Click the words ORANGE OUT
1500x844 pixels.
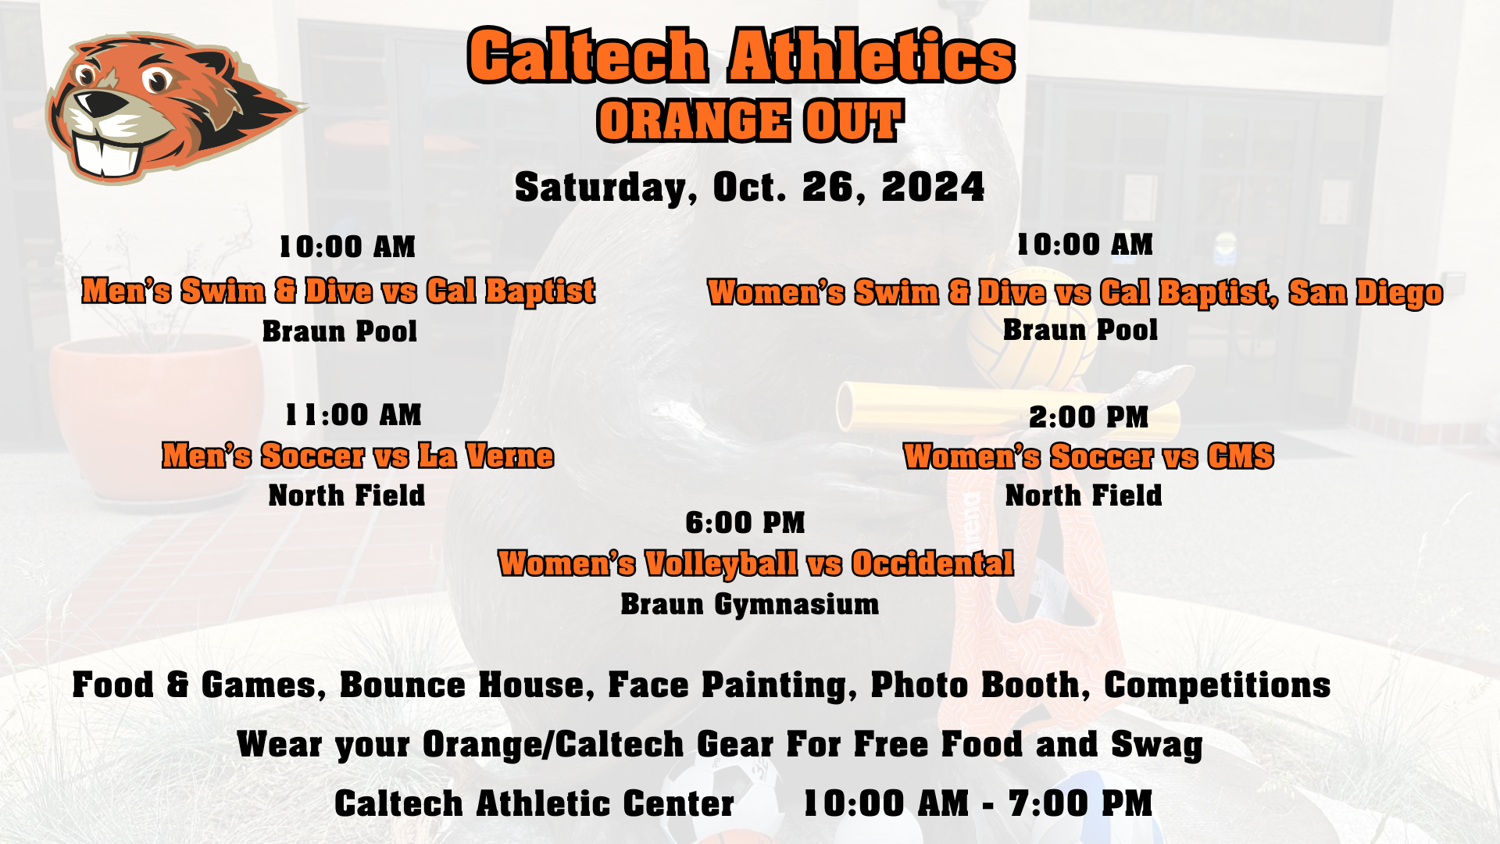pos(750,121)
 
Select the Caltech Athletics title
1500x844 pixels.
pos(741,55)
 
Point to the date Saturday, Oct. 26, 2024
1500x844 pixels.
pos(750,188)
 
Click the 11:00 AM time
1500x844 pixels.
pos(353,415)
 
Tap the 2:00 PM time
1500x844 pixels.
pos(1088,417)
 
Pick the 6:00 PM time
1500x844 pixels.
pos(745,523)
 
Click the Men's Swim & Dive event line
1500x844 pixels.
pos(338,291)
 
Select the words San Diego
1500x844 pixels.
pos(1365,292)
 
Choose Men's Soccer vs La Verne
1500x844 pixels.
pos(358,456)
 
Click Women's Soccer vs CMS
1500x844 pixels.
pos(1088,456)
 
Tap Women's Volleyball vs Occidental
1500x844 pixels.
pos(755,563)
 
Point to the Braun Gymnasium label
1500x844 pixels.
pos(750,604)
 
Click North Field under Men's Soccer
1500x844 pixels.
pos(347,495)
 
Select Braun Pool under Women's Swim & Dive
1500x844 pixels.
pos(1080,330)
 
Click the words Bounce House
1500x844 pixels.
pos(462,685)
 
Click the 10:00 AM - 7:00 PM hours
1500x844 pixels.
pos(978,803)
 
